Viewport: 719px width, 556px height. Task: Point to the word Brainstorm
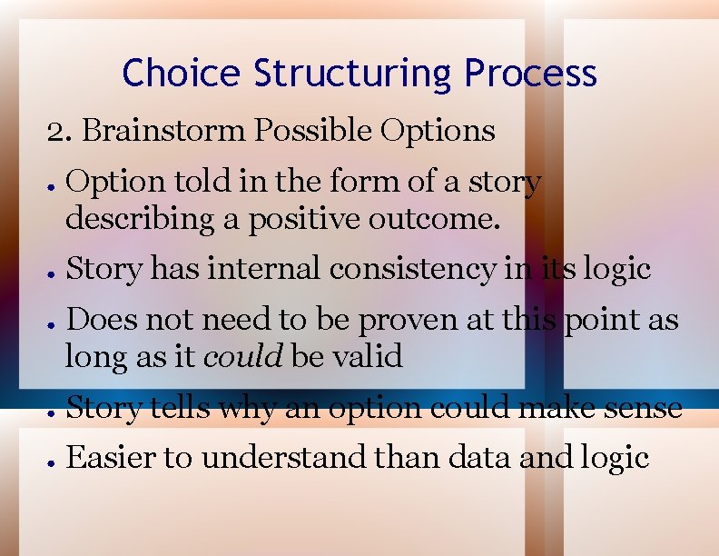click(x=163, y=131)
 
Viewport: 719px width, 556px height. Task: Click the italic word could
click(x=243, y=356)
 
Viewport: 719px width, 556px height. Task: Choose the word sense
click(x=642, y=408)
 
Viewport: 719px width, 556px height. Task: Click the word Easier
click(x=109, y=458)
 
